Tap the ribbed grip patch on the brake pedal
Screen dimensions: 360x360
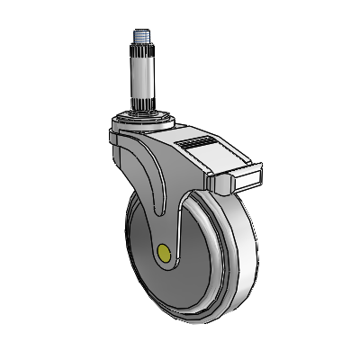[195, 144]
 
